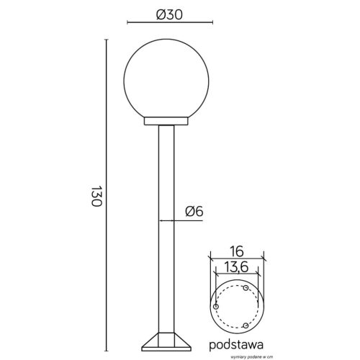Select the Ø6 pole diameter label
194,212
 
